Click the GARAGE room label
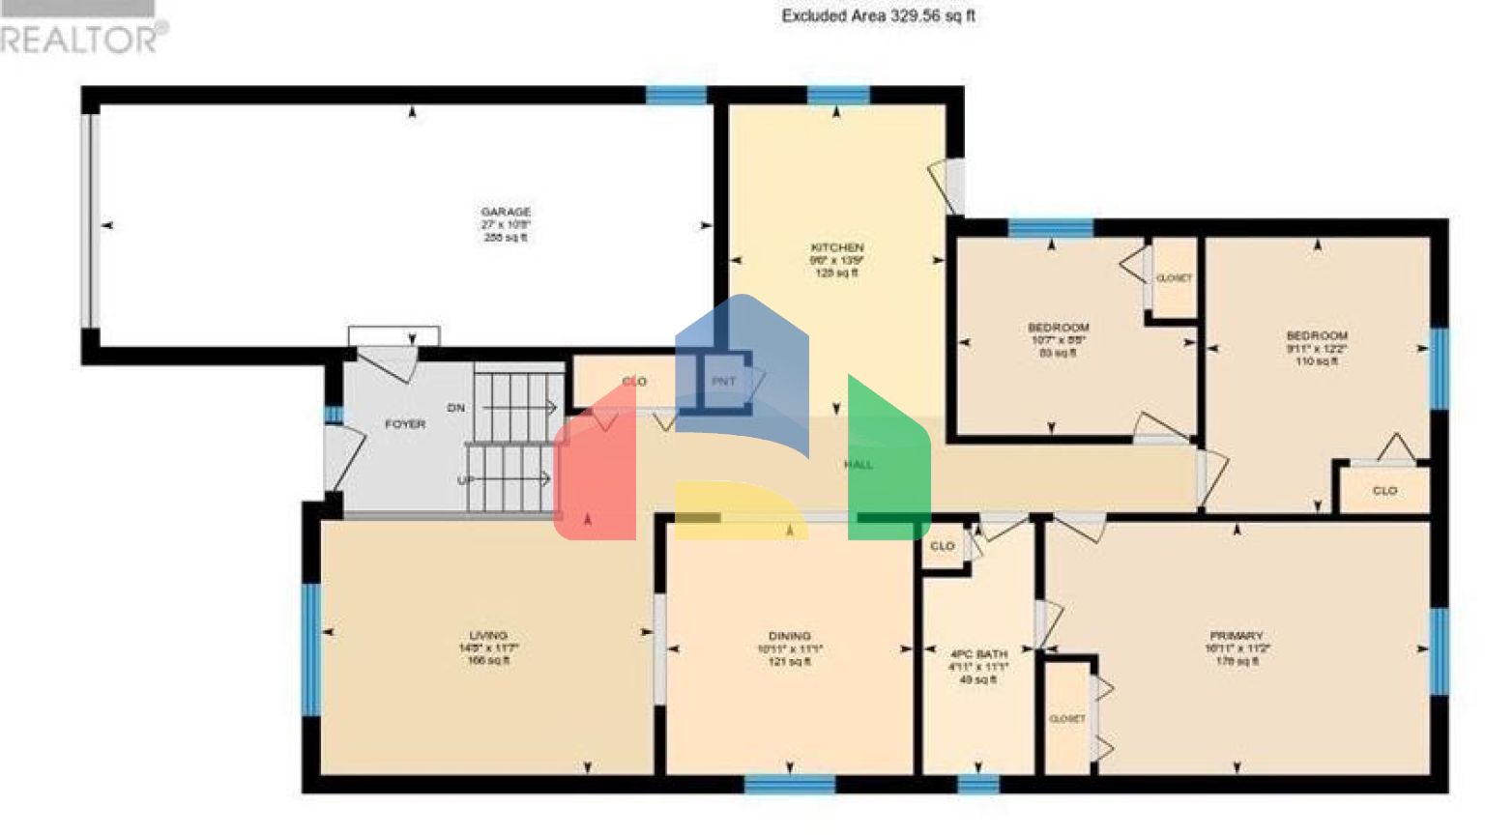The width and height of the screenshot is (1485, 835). [506, 212]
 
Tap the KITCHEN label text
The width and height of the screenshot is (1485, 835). [837, 247]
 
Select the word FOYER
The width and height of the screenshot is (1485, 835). [405, 424]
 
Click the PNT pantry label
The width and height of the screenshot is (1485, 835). [723, 382]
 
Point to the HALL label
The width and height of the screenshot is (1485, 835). [859, 465]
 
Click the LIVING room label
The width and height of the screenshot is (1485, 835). [488, 636]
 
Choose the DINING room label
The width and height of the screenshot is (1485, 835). [790, 636]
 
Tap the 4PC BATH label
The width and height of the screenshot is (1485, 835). [978, 654]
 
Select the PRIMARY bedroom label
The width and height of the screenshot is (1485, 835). [1237, 636]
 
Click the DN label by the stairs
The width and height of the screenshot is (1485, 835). [456, 408]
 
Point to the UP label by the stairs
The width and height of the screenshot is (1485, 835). [466, 480]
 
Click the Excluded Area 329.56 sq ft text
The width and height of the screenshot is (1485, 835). [878, 15]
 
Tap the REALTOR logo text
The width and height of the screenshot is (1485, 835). [82, 39]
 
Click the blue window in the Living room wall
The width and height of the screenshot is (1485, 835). [311, 648]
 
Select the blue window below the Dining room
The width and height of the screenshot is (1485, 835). [790, 784]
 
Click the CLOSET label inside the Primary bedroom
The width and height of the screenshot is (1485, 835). [1067, 719]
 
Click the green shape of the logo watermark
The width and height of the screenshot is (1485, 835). [888, 464]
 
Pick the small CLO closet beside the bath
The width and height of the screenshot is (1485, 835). [943, 546]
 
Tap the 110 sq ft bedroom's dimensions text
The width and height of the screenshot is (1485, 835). [1317, 348]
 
